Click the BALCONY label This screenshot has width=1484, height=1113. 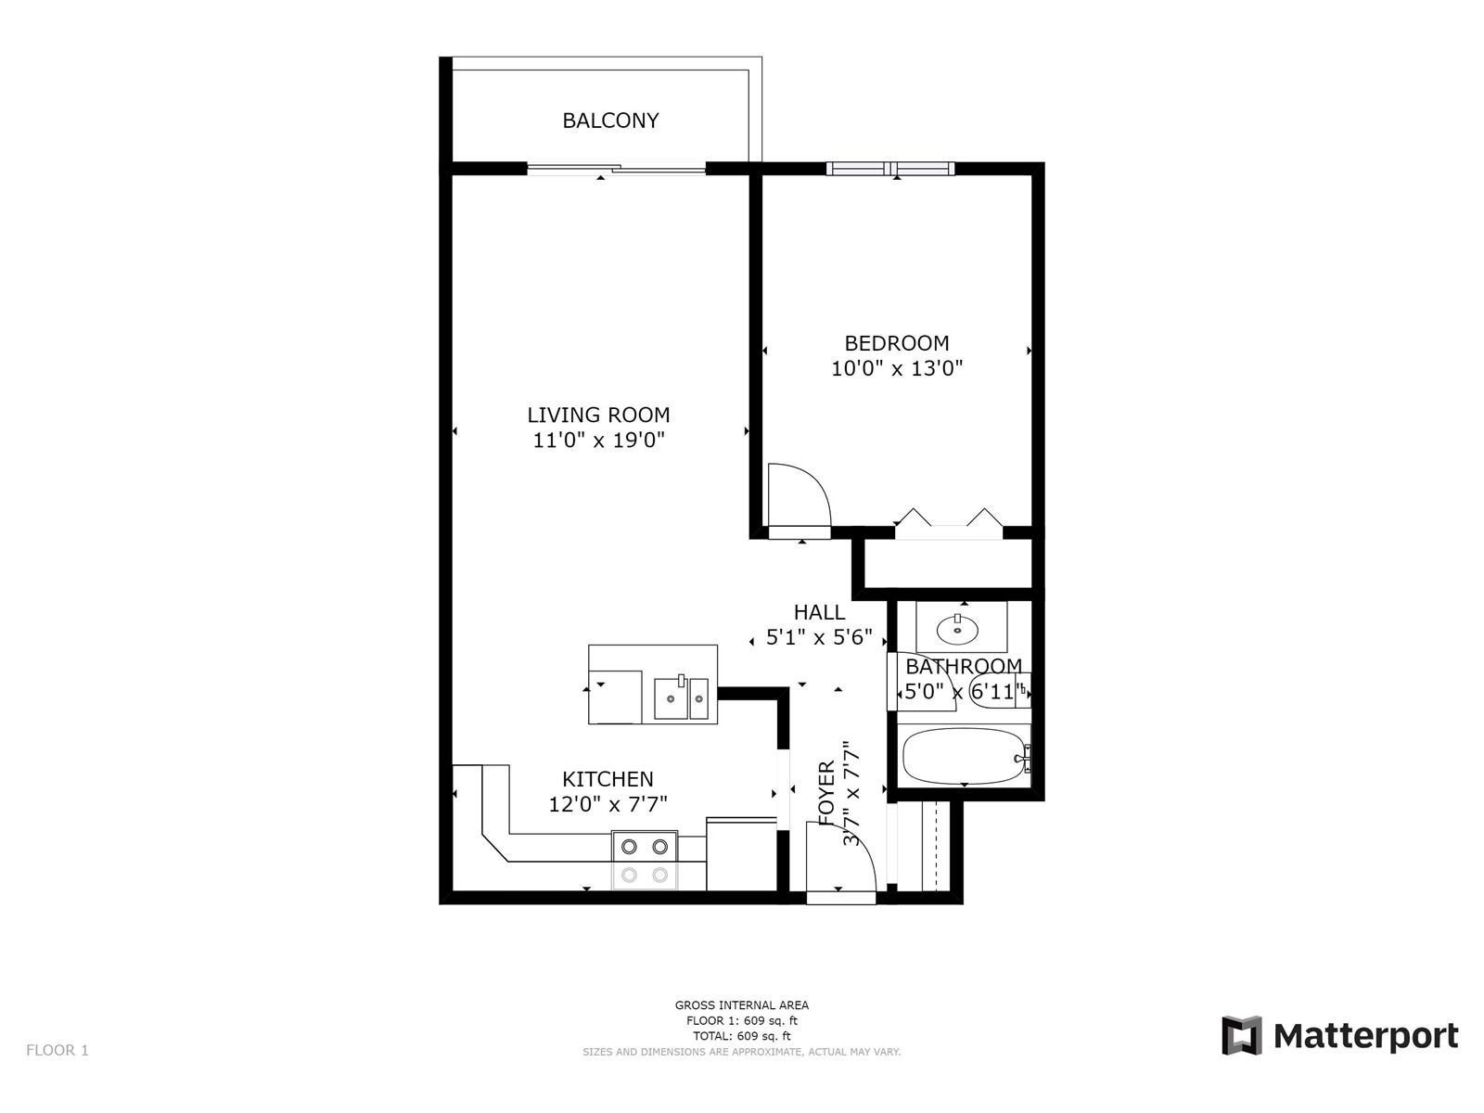tap(610, 121)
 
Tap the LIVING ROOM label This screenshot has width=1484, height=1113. tap(598, 415)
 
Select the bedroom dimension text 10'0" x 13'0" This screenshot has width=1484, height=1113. tap(897, 368)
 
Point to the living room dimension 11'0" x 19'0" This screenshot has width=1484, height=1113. tap(598, 440)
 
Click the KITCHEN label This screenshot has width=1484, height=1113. tap(608, 779)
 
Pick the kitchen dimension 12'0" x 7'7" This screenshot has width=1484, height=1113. tap(608, 804)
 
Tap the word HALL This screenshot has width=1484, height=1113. tap(819, 612)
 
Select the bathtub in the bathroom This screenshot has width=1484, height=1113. tap(964, 755)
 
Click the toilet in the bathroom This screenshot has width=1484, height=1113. tap(1000, 691)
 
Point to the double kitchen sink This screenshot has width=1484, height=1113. tap(681, 698)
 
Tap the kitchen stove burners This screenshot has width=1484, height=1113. tap(645, 861)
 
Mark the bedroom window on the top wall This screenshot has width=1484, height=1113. tap(890, 168)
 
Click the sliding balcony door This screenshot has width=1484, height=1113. tap(616, 169)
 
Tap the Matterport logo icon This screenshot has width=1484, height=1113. tap(1241, 1035)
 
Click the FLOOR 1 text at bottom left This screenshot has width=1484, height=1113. tap(58, 1050)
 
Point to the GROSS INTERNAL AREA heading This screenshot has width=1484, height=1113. tap(742, 1004)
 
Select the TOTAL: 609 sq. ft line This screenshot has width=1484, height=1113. tap(742, 1036)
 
